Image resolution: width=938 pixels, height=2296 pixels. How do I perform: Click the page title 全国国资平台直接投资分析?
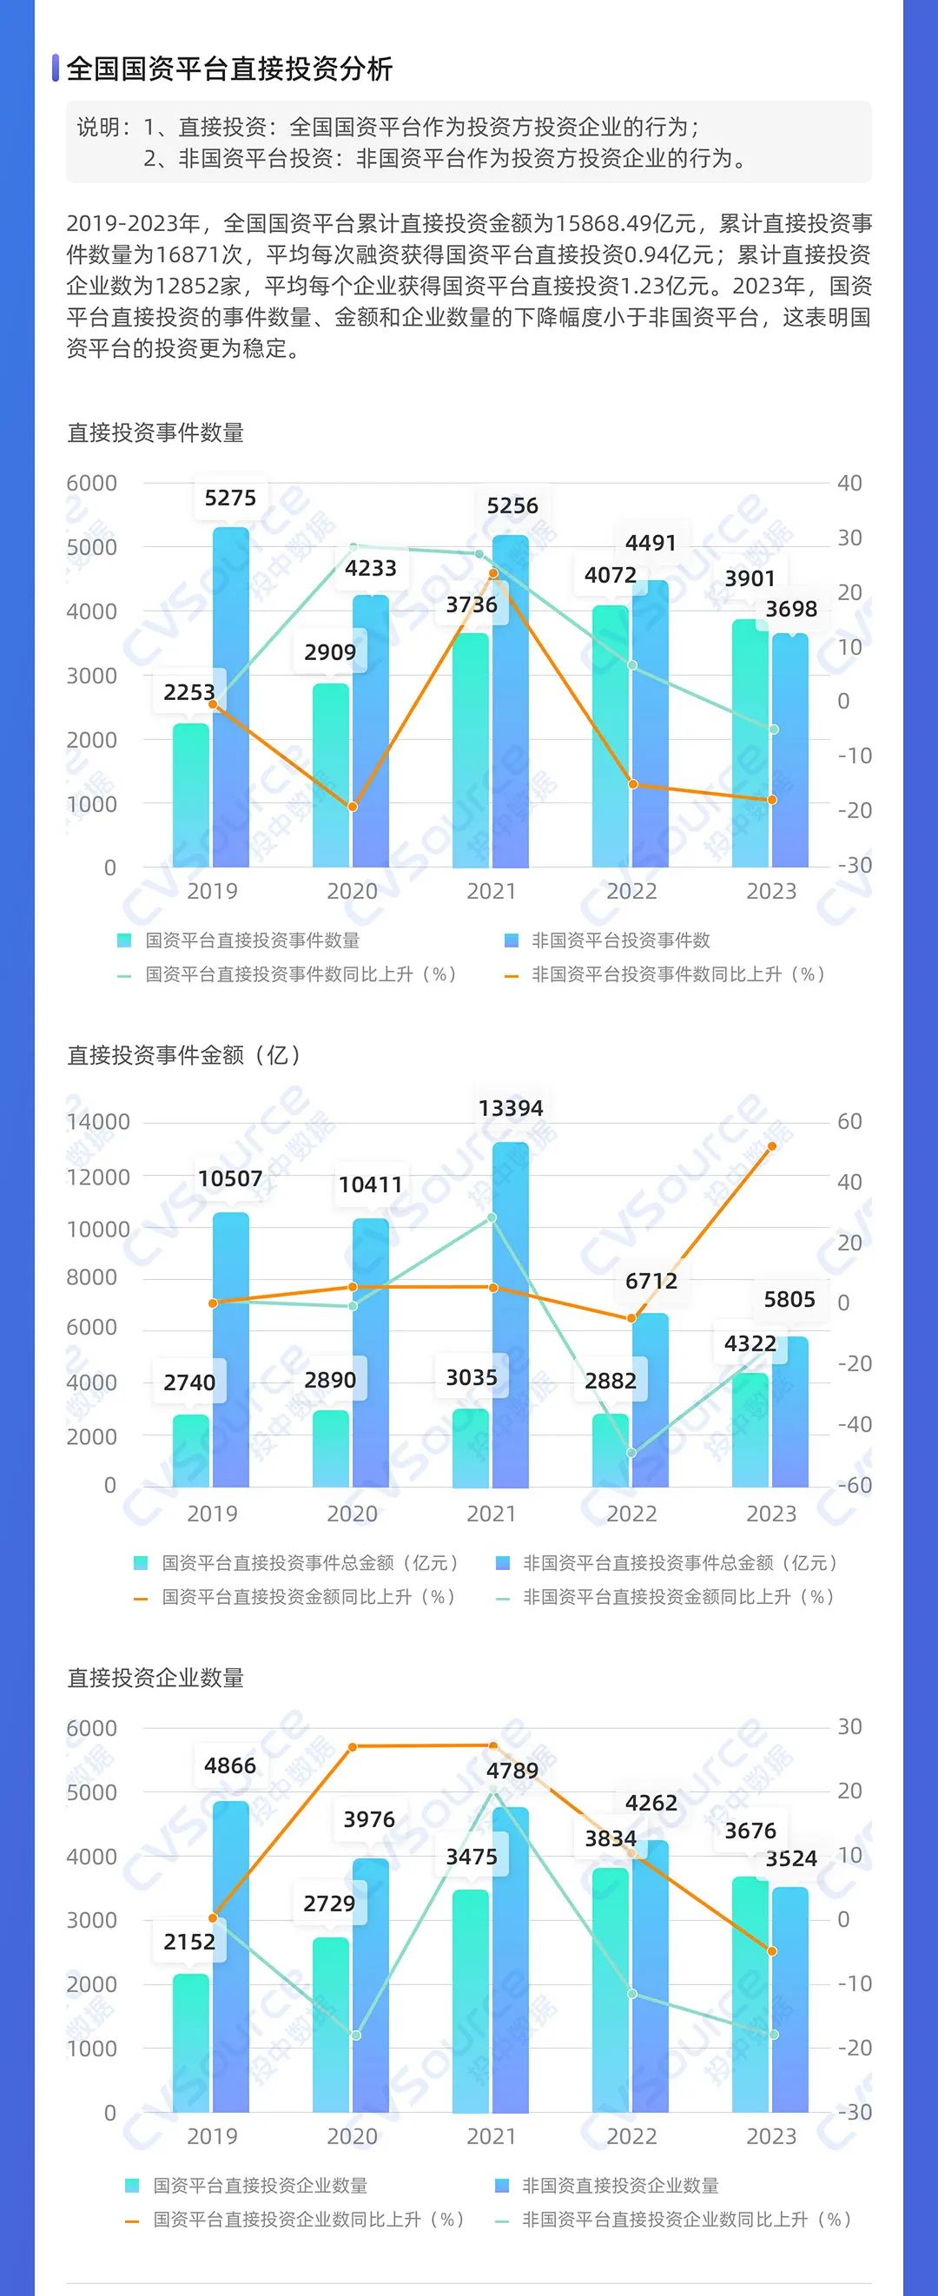(x=229, y=69)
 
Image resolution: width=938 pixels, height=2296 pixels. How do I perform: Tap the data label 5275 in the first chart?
(x=230, y=498)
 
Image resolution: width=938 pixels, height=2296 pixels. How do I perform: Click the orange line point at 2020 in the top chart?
(x=353, y=807)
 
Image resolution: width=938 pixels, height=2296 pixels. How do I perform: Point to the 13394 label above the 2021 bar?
(x=510, y=1108)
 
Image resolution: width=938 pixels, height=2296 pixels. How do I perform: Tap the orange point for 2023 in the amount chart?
(x=772, y=1146)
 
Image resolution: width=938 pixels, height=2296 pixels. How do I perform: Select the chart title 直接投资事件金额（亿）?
(x=186, y=1055)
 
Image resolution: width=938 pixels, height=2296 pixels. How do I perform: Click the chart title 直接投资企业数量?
(x=156, y=1678)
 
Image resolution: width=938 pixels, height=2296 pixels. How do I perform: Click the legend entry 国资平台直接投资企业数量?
(x=260, y=2185)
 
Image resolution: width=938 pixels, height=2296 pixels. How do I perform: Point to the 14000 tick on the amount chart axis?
(x=98, y=1121)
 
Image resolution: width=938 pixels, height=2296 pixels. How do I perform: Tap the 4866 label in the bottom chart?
(x=230, y=1765)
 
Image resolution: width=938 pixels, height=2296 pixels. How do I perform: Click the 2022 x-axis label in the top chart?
(x=631, y=891)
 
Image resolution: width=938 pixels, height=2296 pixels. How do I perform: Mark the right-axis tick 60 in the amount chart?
(x=849, y=1121)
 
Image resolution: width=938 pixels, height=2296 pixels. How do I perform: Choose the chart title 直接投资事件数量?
(x=156, y=433)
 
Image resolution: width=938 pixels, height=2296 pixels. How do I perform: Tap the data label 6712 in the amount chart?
(x=651, y=1281)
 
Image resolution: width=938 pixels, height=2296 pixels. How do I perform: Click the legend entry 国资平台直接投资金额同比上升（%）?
(x=307, y=1595)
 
